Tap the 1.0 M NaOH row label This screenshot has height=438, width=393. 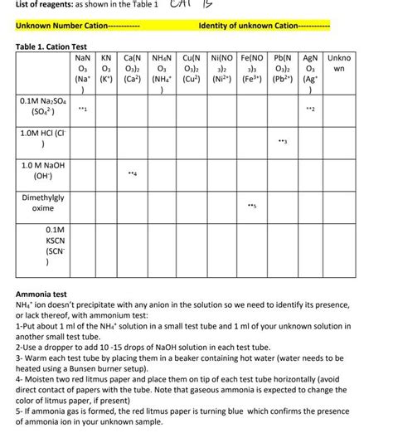click(x=41, y=175)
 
